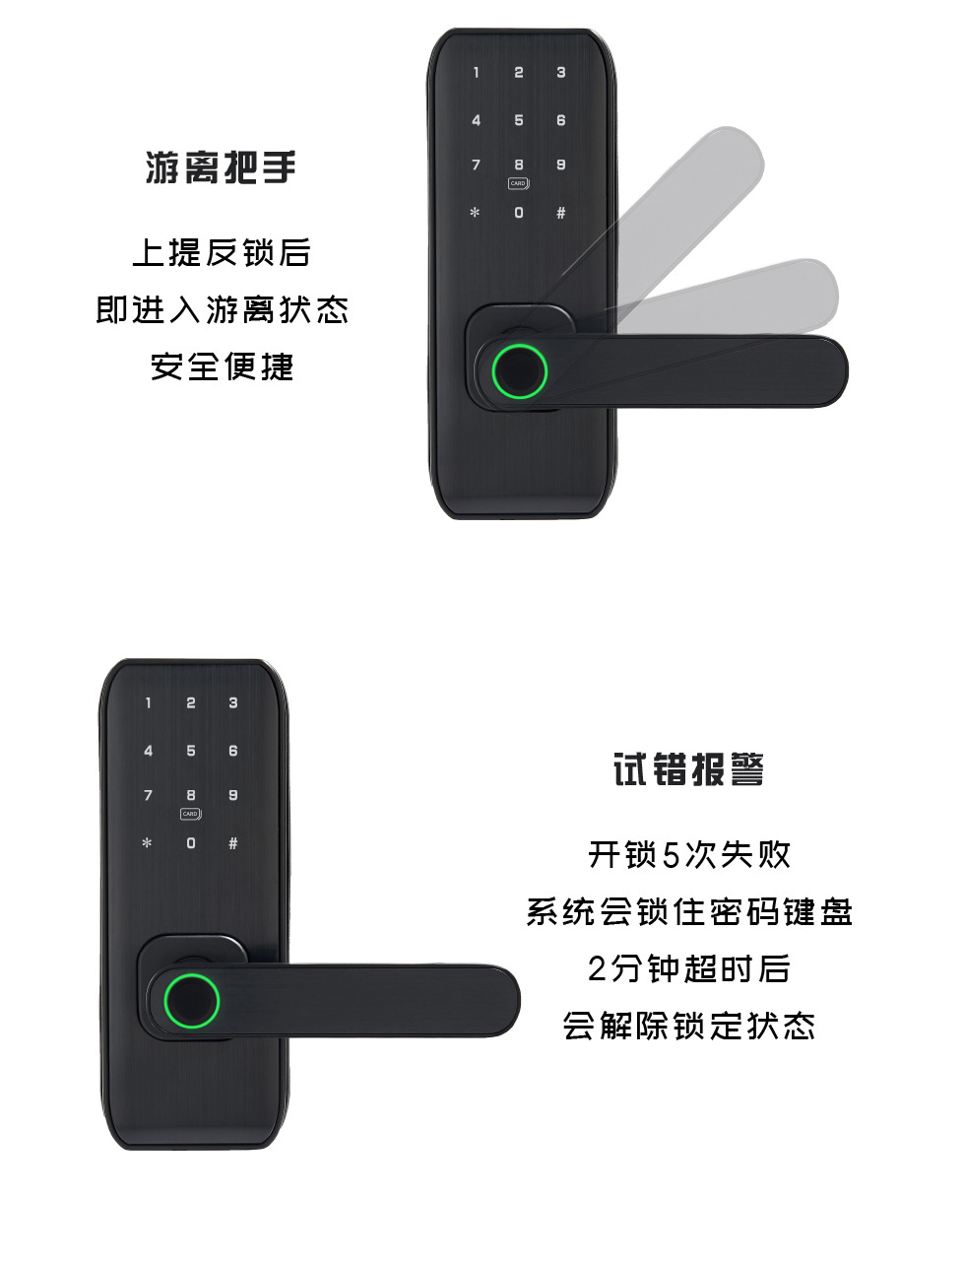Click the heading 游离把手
coord(222,167)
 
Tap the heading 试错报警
coord(688,769)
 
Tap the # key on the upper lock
coord(561,213)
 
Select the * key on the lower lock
coord(148,843)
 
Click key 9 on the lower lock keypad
coord(233,795)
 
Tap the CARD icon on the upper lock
coord(518,183)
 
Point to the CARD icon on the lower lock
coord(190,814)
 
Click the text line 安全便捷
coord(222,366)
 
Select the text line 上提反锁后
coord(222,252)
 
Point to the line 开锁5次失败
coord(689,855)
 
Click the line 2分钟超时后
coord(689,968)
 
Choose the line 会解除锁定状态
coord(689,1026)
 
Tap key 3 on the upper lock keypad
coord(561,73)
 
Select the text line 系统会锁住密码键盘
coord(689,912)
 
